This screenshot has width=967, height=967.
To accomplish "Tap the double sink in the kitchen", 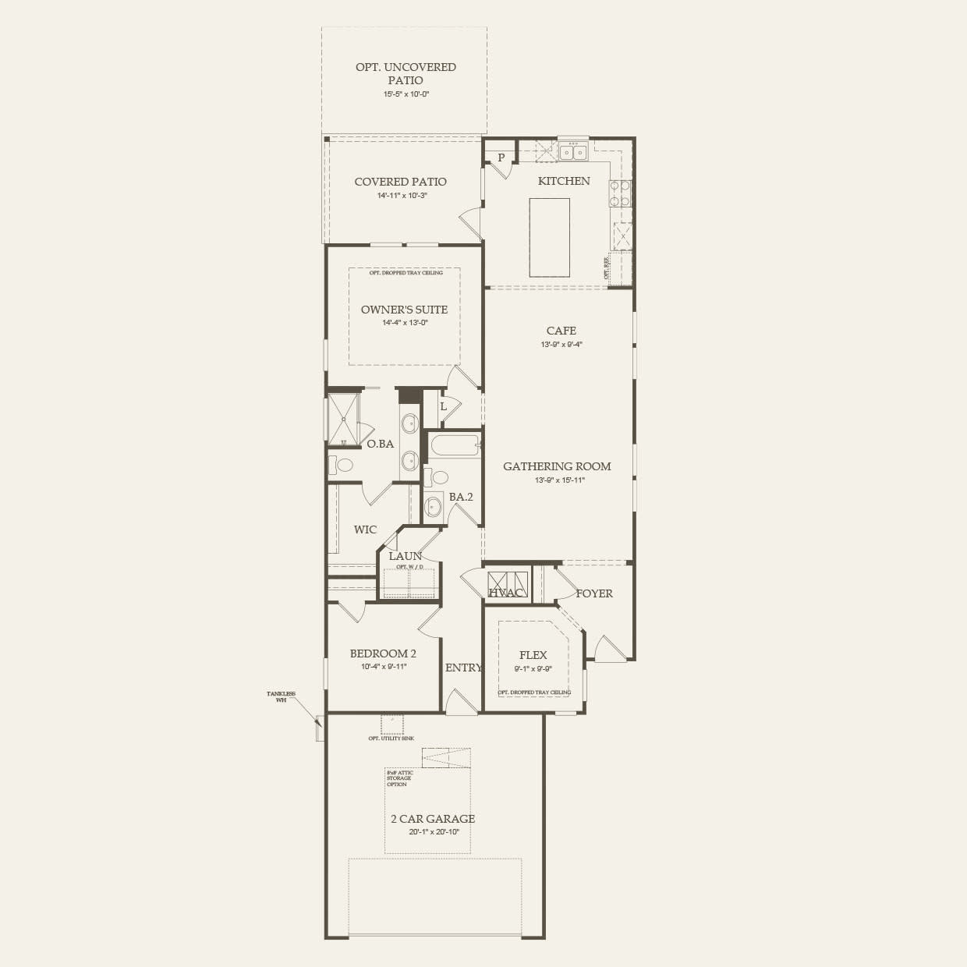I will coord(573,151).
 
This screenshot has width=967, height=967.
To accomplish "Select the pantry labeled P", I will coord(501,158).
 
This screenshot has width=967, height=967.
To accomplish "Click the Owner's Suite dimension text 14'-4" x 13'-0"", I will coord(404,323).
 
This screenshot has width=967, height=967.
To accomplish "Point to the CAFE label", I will coord(561,331).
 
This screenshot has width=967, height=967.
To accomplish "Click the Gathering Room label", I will coord(557,466).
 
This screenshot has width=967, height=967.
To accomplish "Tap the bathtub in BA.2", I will coord(452,448).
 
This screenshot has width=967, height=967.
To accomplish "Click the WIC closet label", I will coord(365,530).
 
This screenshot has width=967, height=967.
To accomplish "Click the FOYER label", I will coord(594,593).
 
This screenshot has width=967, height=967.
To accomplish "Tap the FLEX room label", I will coord(533,655).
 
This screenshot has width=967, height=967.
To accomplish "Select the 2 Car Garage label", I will coord(433,819).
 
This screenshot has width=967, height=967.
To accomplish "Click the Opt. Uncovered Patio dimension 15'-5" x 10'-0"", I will coord(406,94).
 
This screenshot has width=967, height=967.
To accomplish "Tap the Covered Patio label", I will coord(401,182).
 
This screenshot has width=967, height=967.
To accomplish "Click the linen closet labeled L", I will coord(443,406).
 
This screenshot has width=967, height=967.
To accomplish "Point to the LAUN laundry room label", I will coord(405,556).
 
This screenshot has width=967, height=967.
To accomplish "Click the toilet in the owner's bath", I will coord(341,466).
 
